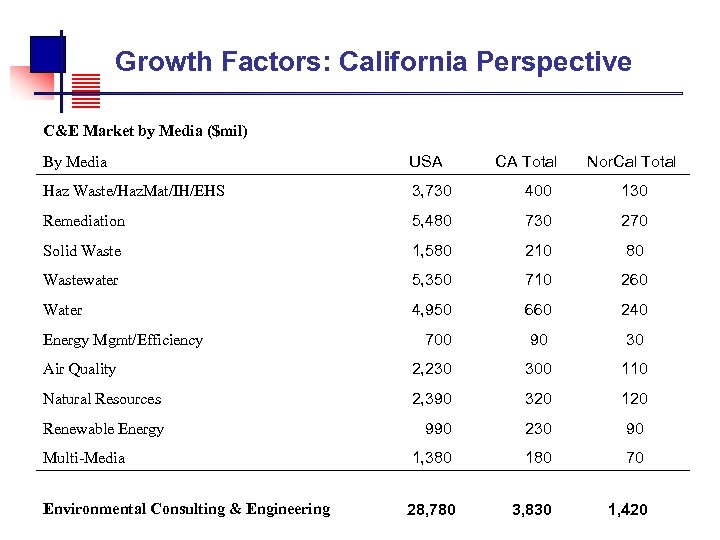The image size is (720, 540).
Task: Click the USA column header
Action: coord(425,161)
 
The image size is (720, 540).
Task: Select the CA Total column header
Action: coord(526,161)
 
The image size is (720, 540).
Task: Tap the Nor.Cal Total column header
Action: coord(631,161)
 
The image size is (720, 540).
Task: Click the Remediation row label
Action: coord(84,221)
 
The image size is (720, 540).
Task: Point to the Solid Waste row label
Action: coord(81,251)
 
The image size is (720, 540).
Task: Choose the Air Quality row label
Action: coord(79,369)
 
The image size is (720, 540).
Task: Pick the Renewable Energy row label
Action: coord(103,429)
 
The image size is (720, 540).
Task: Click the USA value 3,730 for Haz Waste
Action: coord(432,191)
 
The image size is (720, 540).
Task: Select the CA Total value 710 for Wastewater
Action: coord(538,280)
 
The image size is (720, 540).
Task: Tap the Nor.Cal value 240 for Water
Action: coord(634,310)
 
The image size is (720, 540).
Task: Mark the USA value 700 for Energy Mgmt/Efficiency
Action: coord(438,340)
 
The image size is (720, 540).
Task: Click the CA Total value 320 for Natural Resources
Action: coord(538,399)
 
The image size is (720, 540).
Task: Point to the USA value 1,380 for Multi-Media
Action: coord(432,458)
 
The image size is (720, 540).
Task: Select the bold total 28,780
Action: coord(431,510)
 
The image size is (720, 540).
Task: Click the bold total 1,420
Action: coord(627,510)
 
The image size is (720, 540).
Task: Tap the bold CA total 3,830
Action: coord(531,510)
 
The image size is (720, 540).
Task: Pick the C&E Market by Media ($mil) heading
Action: coord(144,131)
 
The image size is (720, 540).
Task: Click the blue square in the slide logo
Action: coord(47,52)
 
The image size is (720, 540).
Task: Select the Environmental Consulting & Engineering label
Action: coord(186,509)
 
